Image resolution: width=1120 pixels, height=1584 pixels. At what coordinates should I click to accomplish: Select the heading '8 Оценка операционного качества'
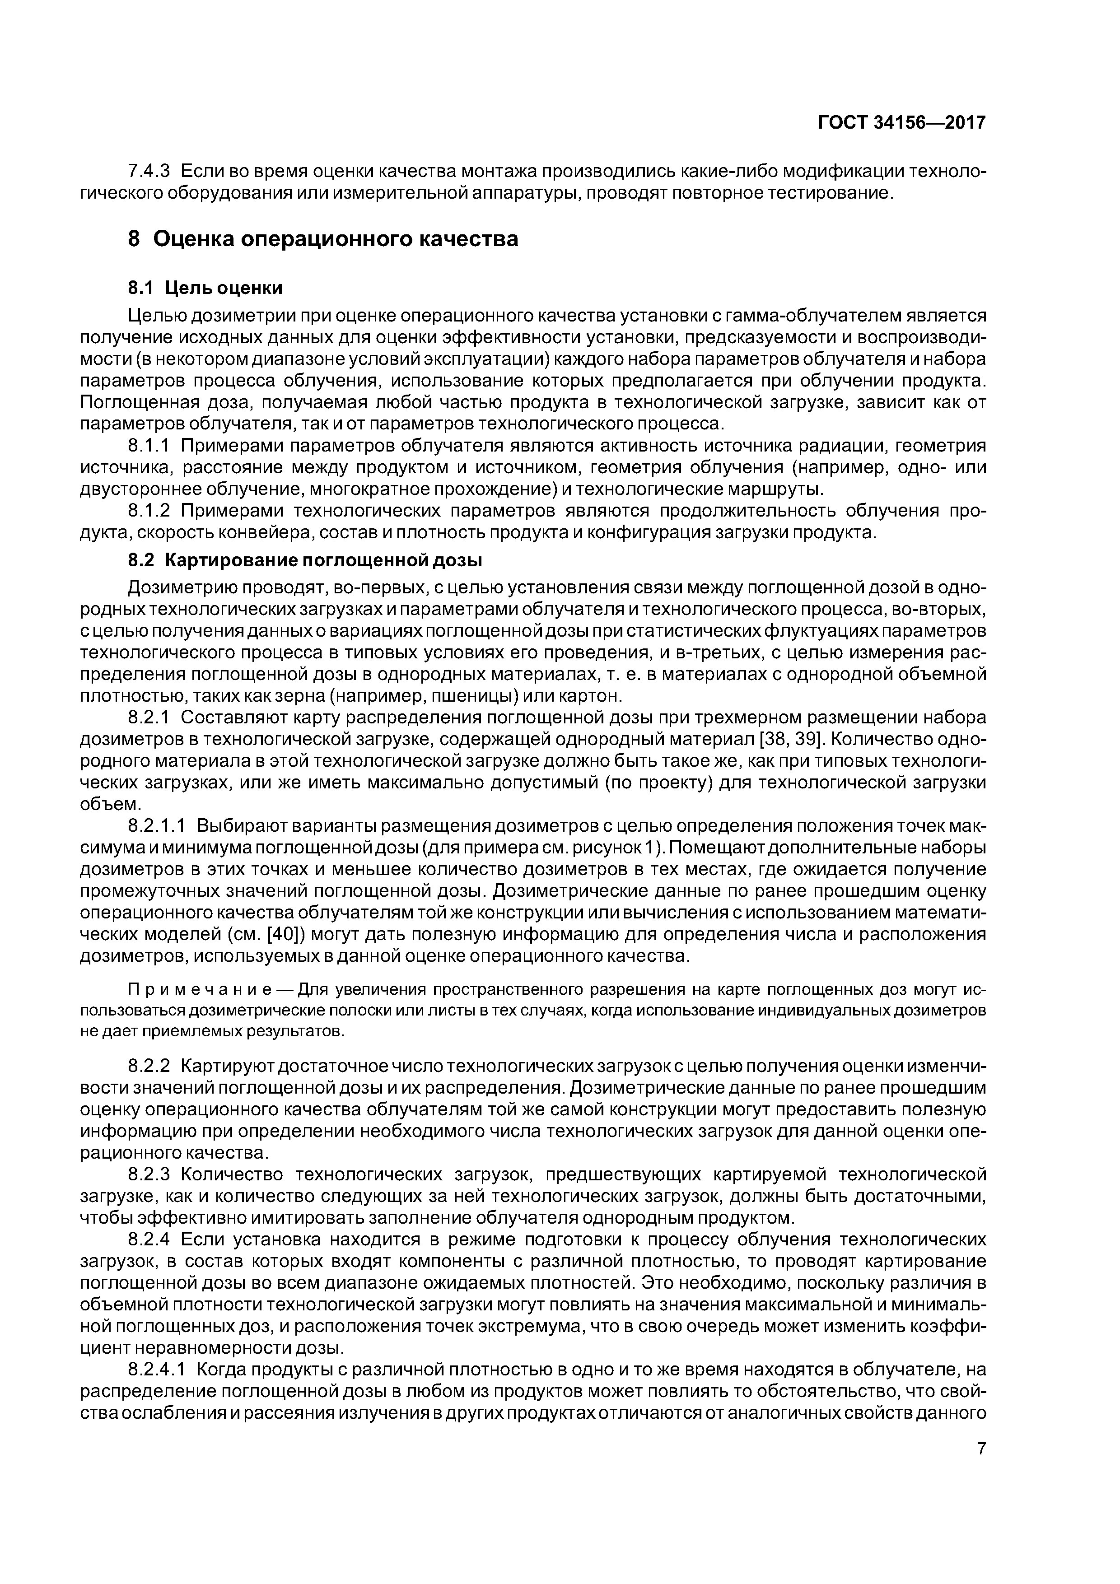323,239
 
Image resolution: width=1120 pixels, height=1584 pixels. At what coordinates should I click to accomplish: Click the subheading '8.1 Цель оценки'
205,287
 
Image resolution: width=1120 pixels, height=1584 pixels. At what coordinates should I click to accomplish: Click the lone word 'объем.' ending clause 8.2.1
110,805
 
